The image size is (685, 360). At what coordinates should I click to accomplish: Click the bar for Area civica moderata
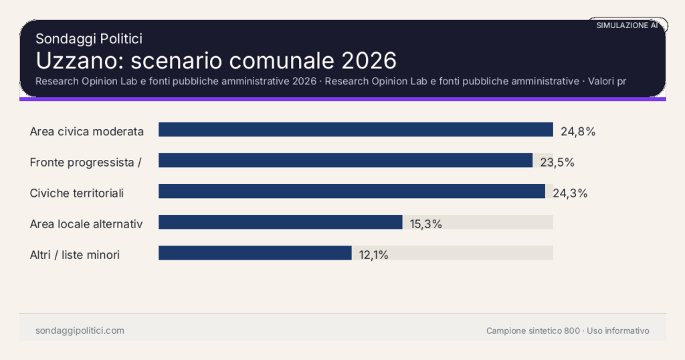355,130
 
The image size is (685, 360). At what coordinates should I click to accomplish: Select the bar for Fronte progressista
345,161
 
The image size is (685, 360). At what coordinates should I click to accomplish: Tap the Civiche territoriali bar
351,191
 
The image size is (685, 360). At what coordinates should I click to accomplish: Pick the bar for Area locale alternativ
280,222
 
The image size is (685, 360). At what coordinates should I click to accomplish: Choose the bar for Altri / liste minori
255,253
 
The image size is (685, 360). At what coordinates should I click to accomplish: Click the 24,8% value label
578,131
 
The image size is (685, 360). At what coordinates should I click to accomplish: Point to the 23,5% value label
557,162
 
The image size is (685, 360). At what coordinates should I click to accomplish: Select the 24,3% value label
570,193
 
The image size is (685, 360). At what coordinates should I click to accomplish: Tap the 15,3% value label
426,224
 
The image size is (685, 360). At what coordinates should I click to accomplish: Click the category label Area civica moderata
87,131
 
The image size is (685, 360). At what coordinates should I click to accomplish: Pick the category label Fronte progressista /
86,162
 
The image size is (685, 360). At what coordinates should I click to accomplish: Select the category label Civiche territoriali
77,193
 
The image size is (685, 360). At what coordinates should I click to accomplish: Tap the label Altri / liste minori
75,255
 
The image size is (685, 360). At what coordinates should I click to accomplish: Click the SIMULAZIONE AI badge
627,25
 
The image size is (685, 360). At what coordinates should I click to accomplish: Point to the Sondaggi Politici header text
89,39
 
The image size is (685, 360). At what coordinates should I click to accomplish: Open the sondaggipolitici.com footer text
80,331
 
